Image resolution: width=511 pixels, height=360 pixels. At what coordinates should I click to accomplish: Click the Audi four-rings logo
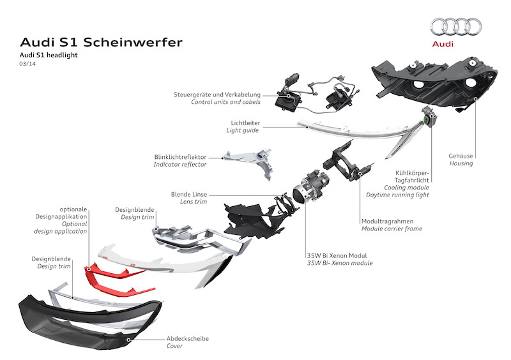click(456, 26)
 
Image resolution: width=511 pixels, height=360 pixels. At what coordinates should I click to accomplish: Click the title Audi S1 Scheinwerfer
click(101, 42)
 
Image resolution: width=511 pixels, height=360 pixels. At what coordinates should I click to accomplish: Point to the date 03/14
click(28, 65)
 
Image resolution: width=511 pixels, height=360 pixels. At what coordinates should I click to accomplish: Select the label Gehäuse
click(461, 155)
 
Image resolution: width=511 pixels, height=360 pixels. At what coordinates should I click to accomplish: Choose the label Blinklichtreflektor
click(180, 156)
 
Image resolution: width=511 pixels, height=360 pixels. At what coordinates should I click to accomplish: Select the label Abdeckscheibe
click(187, 338)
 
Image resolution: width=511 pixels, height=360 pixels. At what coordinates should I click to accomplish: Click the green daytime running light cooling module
click(427, 121)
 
